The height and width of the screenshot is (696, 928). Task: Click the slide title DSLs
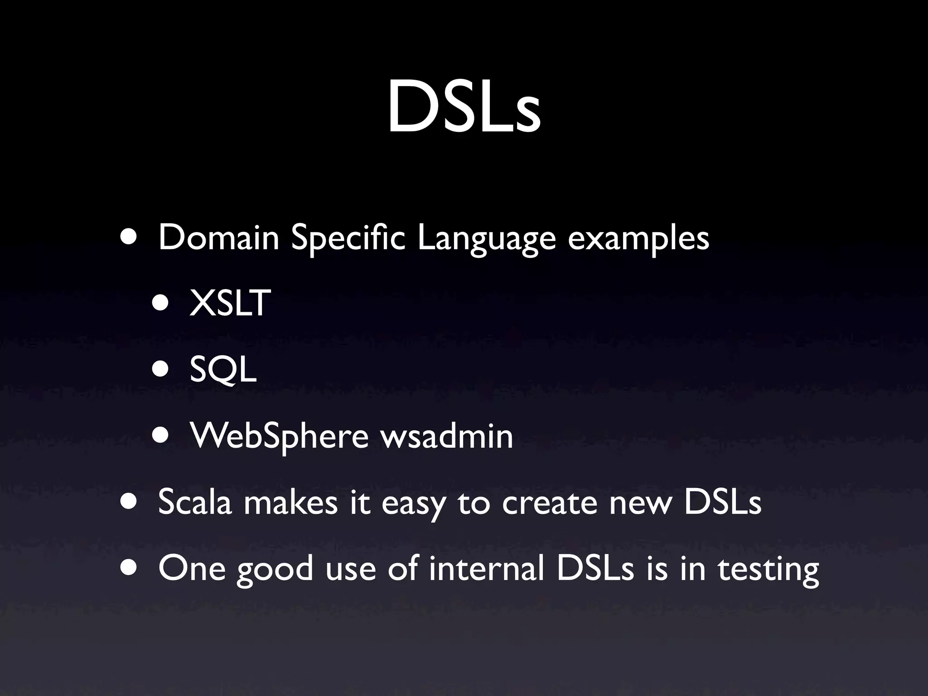tap(464, 106)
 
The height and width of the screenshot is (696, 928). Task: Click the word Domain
tap(218, 238)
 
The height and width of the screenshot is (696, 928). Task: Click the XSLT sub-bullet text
tap(230, 303)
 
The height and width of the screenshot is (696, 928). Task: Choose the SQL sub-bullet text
tap(223, 370)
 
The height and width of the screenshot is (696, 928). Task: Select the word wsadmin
tap(446, 436)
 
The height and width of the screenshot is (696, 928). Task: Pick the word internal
tap(486, 568)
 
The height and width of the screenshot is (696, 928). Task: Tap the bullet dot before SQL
tap(161, 370)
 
